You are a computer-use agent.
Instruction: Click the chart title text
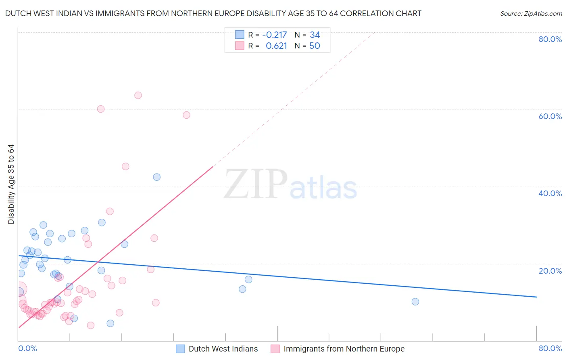pos(213,13)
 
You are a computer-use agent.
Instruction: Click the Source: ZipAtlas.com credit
pos(531,13)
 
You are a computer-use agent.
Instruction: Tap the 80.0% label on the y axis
pos(550,39)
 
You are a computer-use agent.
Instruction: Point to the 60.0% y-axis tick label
pos(550,116)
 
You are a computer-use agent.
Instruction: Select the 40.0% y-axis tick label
pos(550,193)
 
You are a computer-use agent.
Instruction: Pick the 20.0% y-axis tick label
pos(550,270)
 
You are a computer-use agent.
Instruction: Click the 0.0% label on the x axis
pos(27,348)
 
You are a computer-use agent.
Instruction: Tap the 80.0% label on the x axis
pos(550,348)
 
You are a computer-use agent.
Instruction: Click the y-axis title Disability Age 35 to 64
pos(11,184)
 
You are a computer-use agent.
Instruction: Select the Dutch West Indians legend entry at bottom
pos(223,349)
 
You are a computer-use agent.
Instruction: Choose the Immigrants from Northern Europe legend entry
pos(344,349)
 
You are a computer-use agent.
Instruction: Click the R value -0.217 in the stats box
pos(274,35)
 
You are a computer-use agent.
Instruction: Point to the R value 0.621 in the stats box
pos(276,46)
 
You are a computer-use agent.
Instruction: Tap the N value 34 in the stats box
pos(315,35)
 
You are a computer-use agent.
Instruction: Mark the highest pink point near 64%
pos(138,95)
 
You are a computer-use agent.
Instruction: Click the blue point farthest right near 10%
pos(415,301)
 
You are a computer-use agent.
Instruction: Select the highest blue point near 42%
pos(157,177)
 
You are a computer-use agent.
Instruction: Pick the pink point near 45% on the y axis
pos(125,166)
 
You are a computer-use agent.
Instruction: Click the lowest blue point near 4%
pos(110,323)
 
